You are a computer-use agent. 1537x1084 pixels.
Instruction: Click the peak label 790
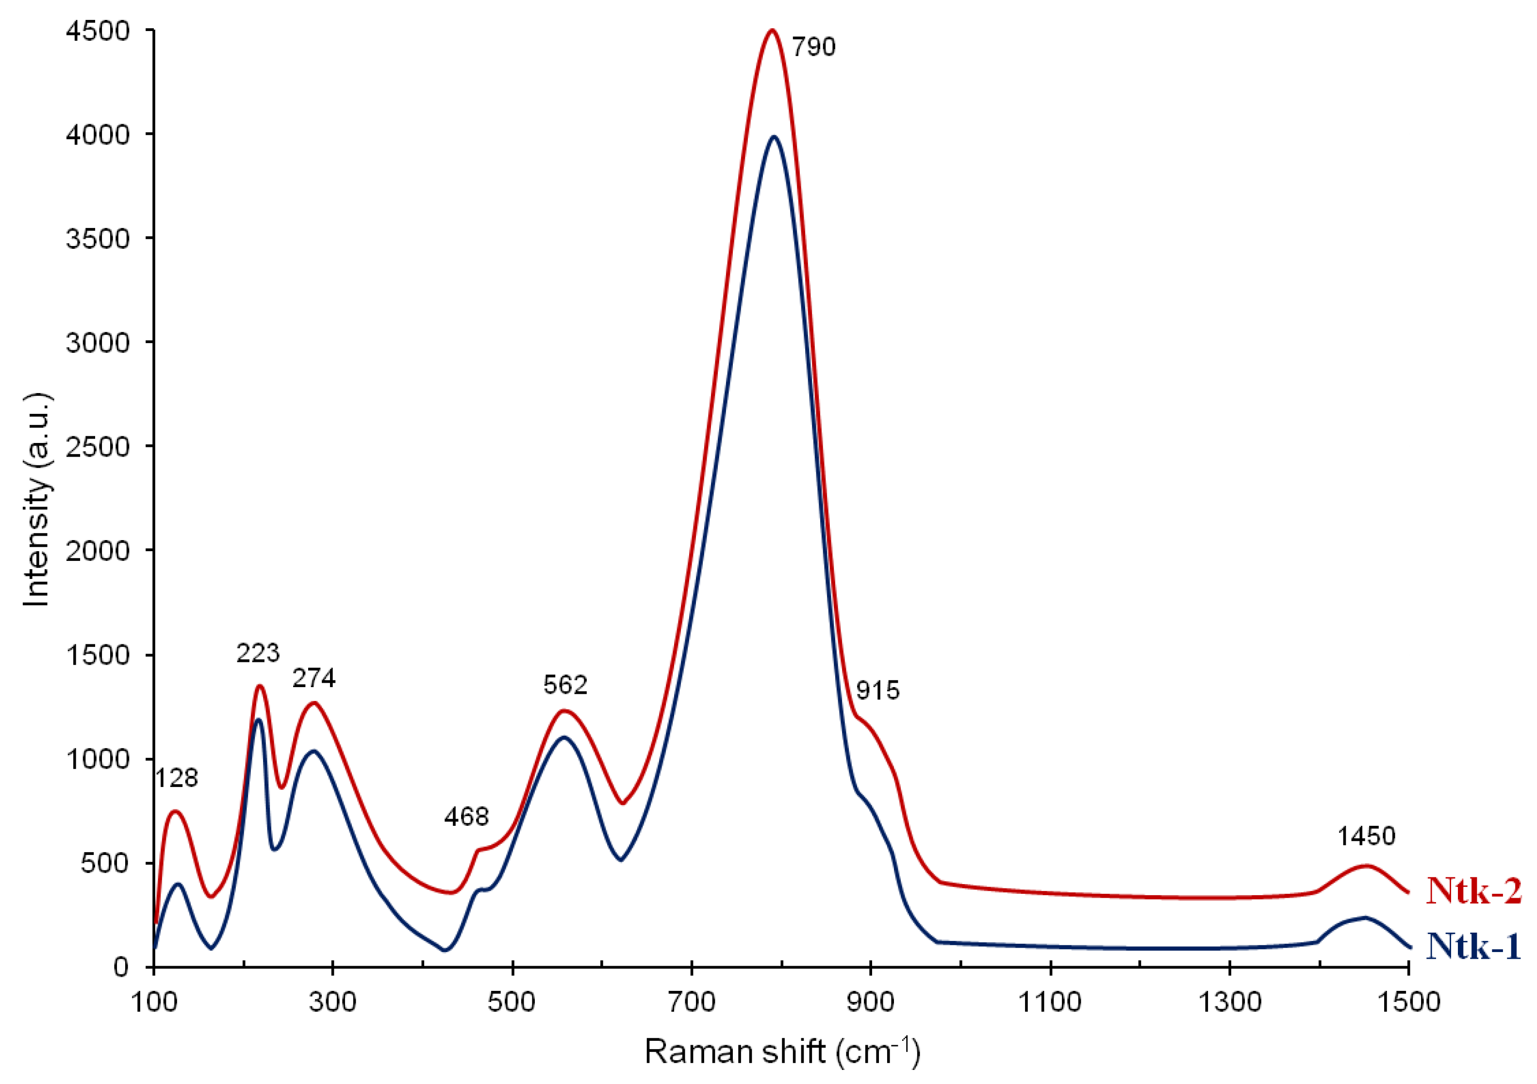813,48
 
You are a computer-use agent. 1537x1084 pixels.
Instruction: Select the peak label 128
177,777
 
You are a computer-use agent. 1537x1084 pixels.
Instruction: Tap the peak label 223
258,653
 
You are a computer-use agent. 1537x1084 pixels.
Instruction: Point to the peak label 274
314,678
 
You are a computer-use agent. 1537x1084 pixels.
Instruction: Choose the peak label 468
466,816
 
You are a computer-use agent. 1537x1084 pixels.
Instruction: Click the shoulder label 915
877,690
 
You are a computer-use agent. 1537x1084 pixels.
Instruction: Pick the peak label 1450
1366,837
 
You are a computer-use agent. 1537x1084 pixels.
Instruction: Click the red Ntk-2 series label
1474,890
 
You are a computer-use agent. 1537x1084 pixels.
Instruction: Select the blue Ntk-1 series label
1474,946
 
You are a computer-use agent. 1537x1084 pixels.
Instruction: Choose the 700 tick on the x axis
692,1002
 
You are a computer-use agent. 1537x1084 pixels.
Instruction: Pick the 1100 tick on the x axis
1050,1002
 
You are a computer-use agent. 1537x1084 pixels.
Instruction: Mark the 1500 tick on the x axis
1408,1002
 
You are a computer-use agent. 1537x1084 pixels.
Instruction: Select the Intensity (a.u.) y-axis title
37,498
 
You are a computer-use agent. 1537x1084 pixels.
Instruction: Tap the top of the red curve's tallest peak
772,30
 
